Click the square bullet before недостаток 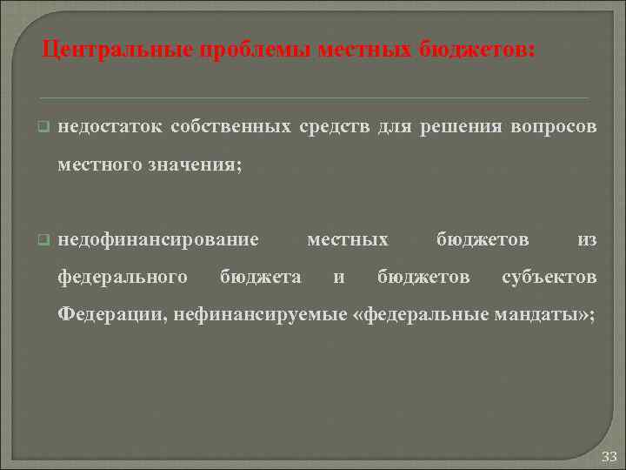click(x=41, y=128)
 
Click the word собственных click(x=230, y=127)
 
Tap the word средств click(x=335, y=127)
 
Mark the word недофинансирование click(x=158, y=239)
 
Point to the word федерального click(x=123, y=277)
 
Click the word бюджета click(x=261, y=277)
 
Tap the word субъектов click(x=549, y=277)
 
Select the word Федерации click(x=110, y=314)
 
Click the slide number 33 click(x=608, y=456)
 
